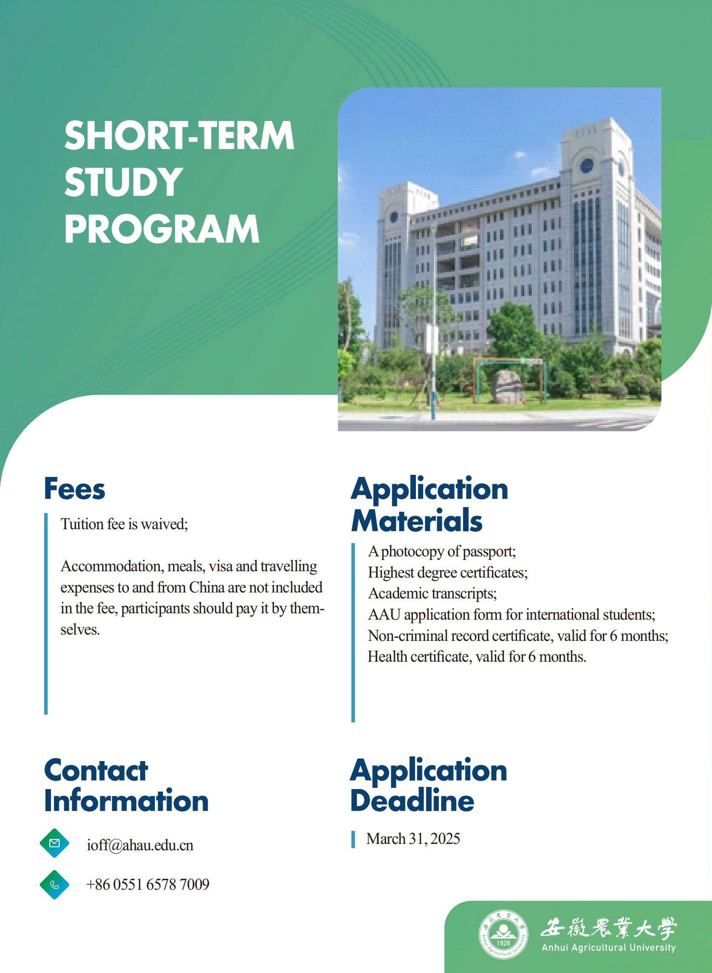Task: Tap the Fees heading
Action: pos(75,489)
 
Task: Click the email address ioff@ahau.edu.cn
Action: pos(140,845)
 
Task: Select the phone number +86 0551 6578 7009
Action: pos(148,885)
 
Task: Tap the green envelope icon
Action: pos(54,843)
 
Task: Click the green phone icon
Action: pos(54,885)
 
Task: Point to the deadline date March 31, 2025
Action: pos(413,838)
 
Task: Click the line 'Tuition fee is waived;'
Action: pos(124,525)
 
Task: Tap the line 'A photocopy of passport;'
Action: pos(442,551)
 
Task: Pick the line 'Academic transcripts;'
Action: pos(432,593)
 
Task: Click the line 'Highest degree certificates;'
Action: pos(448,572)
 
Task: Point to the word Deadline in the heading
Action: pos(413,801)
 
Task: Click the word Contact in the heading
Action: pos(96,770)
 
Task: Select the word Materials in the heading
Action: pos(417,521)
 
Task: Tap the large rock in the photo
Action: pos(509,386)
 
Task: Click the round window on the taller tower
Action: pos(587,166)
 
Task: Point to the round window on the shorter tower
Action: pos(394,217)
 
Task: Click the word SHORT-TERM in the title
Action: pos(179,135)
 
